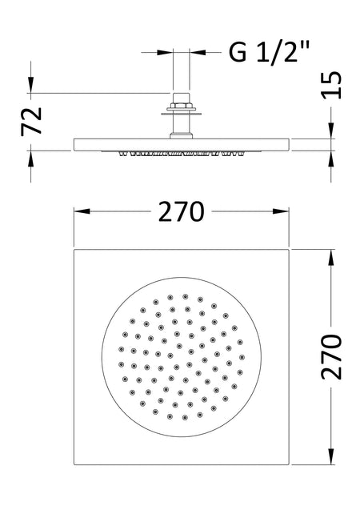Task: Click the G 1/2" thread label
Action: pos(269,51)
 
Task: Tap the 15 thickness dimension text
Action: pos(331,85)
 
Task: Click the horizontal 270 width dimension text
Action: pos(182,211)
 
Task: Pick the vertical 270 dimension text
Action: pos(331,357)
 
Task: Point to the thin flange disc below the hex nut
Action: pos(181,114)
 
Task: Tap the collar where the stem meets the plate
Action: pos(181,136)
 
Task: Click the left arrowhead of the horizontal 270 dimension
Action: pos(82,211)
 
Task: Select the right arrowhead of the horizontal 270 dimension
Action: pos(281,211)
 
